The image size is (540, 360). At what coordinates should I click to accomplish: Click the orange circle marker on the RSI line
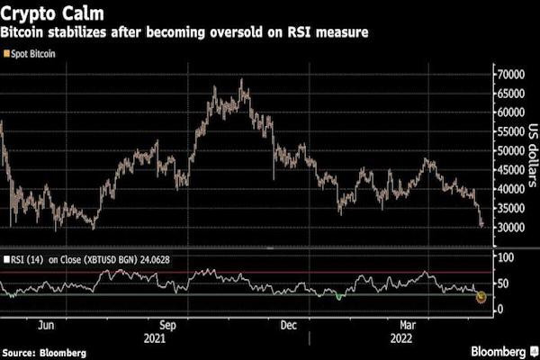coord(481,296)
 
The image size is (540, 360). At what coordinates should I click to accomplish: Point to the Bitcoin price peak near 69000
coord(240,80)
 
